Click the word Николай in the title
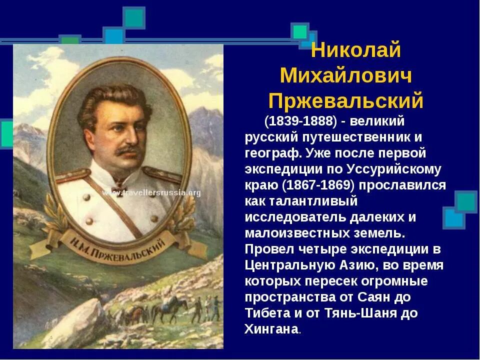click(355, 50)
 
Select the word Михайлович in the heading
click(346, 75)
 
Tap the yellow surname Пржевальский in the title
click(346, 101)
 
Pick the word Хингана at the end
click(271, 330)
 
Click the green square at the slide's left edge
click(6, 133)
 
